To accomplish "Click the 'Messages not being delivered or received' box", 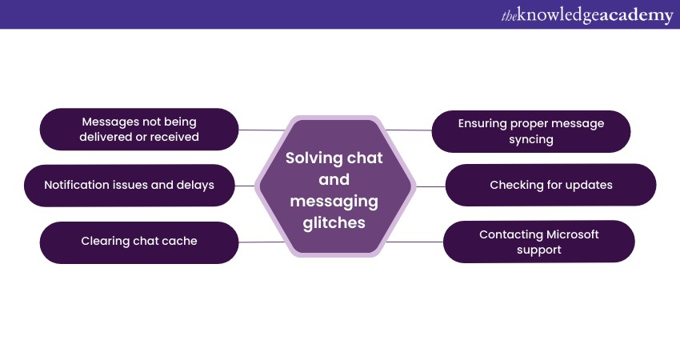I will click(x=139, y=130).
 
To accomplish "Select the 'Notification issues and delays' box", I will click(x=129, y=185).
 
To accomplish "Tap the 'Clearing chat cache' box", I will click(x=139, y=241).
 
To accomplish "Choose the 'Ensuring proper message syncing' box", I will click(x=531, y=131).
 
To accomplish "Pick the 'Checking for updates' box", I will click(x=550, y=185).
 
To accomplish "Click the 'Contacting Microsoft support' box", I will click(x=538, y=242).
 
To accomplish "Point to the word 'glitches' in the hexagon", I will click(x=334, y=223).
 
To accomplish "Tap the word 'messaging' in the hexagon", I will click(x=334, y=202).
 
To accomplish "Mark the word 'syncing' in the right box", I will click(x=531, y=139).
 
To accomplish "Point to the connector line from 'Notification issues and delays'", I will click(x=246, y=186).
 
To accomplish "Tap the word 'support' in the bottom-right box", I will click(x=538, y=250).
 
